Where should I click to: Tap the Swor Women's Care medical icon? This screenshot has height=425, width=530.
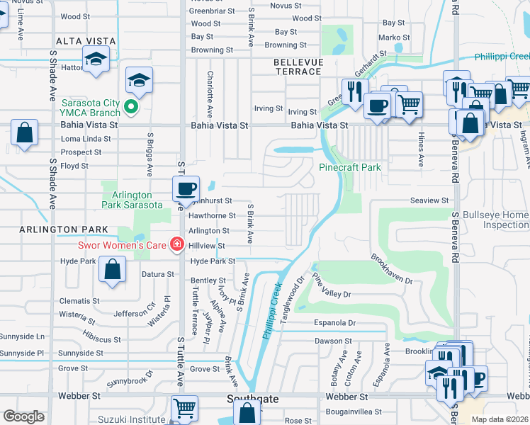pos(176,246)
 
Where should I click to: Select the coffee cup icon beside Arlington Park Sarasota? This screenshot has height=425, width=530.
pos(186,188)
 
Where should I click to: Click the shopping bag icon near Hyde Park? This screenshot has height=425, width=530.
pos(112,269)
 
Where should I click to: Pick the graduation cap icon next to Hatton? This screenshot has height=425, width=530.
pos(96,61)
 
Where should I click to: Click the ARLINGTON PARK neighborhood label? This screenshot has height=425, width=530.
pos(54,229)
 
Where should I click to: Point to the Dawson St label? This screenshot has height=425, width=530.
pos(329,340)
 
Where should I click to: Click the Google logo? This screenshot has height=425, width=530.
pos(23,416)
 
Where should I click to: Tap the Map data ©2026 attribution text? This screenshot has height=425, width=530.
pos(500,419)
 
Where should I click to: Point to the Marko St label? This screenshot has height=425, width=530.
pos(390,37)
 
